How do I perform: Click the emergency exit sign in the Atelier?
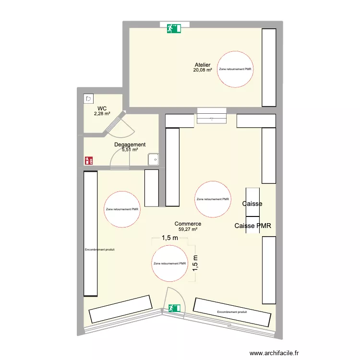click(174, 28)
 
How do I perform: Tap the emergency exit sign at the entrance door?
click(173, 308)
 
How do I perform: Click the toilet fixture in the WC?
click(89, 99)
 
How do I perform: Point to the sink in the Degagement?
click(154, 159)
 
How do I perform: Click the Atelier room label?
click(203, 65)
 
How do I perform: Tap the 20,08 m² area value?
click(203, 70)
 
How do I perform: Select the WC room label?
click(102, 108)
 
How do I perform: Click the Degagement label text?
click(130, 144)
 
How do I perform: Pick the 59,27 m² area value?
click(188, 229)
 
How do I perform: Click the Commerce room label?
click(188, 224)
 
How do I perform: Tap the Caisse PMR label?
click(253, 226)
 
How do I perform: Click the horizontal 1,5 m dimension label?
click(170, 238)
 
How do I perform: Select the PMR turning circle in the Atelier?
click(236, 69)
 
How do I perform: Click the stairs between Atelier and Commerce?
click(211, 116)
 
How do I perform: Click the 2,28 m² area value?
click(102, 114)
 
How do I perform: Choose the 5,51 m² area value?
click(130, 150)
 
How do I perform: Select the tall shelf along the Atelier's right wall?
click(269, 67)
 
